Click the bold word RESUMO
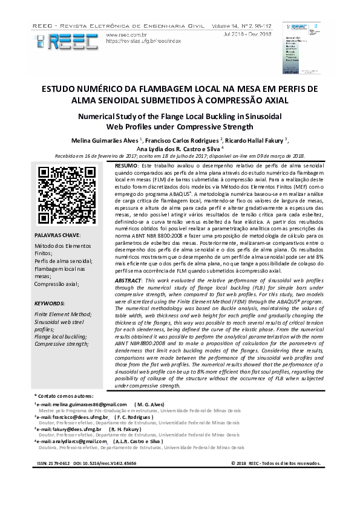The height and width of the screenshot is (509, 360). point(126,165)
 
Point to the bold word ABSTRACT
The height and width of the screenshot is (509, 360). point(129,282)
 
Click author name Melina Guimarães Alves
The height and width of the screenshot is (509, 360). point(105,140)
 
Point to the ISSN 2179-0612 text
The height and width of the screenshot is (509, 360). point(54,463)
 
